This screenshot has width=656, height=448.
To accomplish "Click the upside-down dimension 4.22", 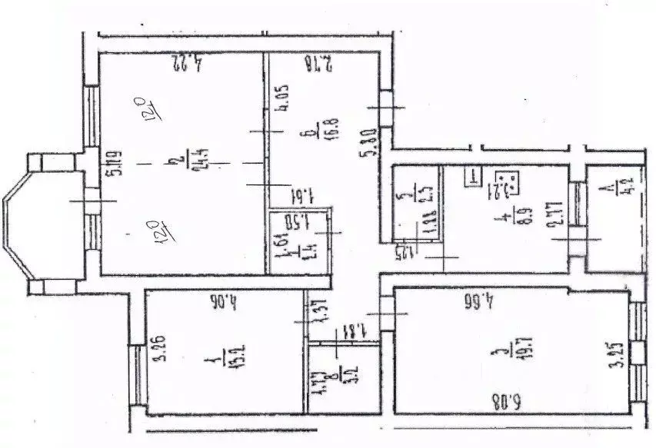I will tap(185, 61).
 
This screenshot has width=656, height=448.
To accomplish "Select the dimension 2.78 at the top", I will tap(318, 61).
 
